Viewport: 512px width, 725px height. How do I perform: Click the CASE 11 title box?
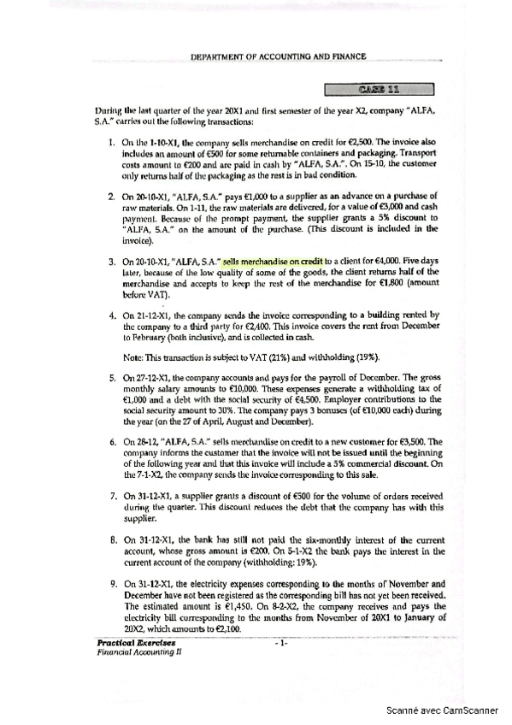(x=380, y=87)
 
